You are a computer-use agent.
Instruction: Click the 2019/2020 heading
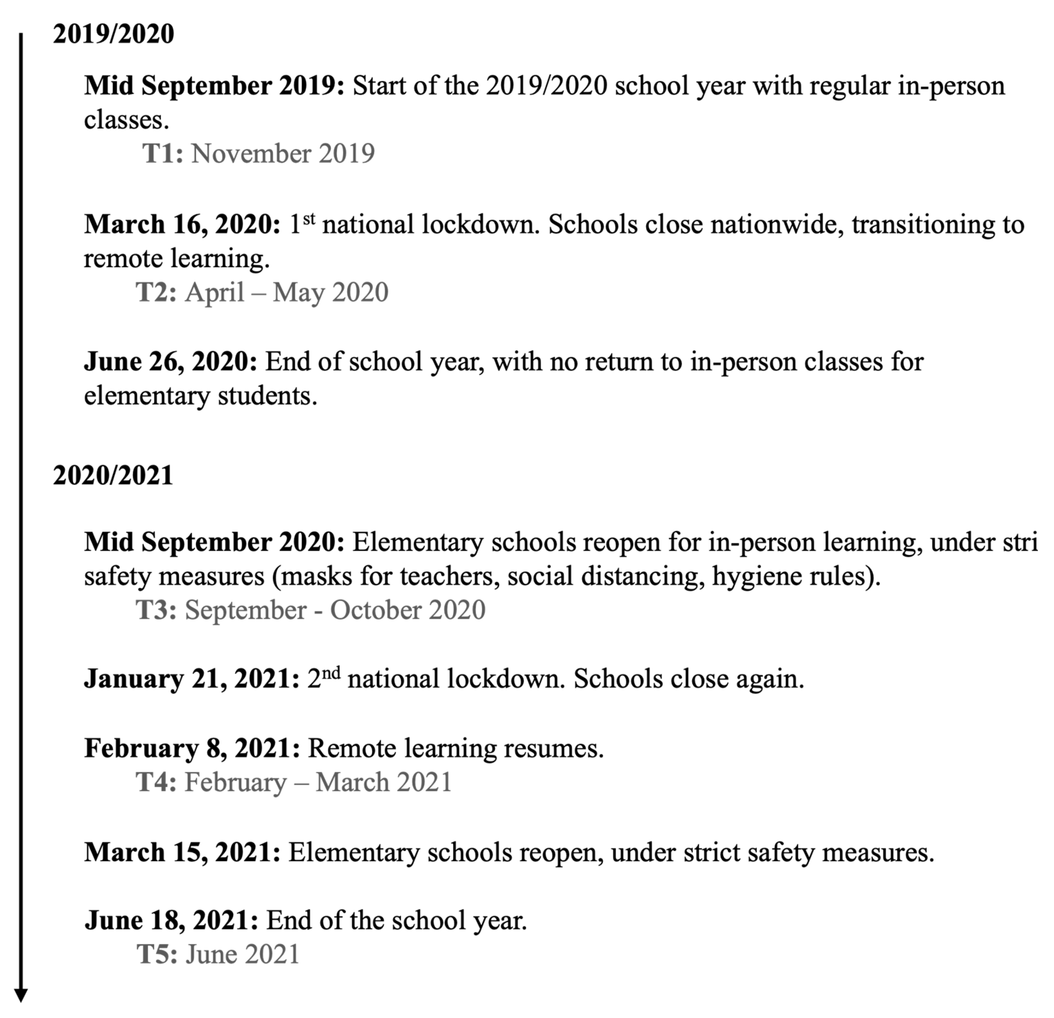point(114,34)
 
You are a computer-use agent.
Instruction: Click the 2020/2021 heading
point(113,476)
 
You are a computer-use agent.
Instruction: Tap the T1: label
point(163,154)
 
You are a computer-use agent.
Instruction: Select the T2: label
point(156,293)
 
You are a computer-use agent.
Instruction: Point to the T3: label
point(156,610)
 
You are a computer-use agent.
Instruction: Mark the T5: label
point(157,955)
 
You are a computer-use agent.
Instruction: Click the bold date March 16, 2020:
point(182,225)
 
